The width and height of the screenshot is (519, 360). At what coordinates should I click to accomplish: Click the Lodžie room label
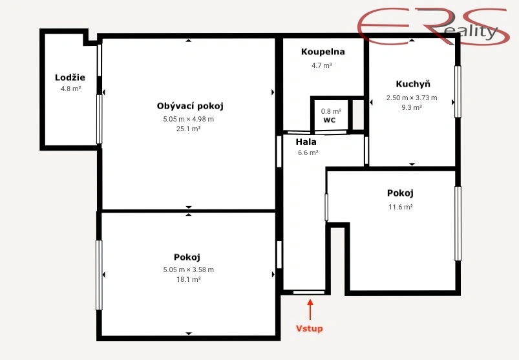tap(70, 78)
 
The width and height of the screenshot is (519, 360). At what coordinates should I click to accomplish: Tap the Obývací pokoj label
tap(190, 106)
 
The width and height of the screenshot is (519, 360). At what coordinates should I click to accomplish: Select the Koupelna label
tap(323, 52)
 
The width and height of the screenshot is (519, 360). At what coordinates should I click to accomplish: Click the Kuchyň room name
tap(413, 84)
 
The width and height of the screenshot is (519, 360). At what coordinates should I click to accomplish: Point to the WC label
tap(330, 120)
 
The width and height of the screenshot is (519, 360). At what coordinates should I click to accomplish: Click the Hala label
tap(306, 142)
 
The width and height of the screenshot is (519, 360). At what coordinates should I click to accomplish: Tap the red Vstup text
tap(309, 328)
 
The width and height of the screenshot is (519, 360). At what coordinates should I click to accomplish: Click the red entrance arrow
tap(310, 309)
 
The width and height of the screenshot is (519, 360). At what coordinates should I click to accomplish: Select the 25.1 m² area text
tap(188, 129)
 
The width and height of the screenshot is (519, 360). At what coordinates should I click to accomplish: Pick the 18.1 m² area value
tap(188, 279)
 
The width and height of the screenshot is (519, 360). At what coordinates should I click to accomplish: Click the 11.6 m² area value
tap(401, 207)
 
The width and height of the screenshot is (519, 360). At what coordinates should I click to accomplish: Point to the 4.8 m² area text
tap(71, 89)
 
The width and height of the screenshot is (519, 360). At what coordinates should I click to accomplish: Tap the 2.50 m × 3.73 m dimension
tap(412, 98)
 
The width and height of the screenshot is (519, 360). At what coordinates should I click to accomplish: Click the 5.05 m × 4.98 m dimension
tap(188, 119)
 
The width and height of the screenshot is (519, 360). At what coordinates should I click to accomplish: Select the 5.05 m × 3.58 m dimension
tap(188, 270)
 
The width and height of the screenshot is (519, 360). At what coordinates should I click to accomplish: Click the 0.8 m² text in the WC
tap(331, 111)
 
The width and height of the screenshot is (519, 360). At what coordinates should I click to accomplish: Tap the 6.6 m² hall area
tap(308, 153)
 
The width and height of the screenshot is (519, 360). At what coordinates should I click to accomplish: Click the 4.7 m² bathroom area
tap(322, 65)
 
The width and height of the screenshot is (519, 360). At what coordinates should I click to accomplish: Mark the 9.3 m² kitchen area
tap(412, 107)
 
